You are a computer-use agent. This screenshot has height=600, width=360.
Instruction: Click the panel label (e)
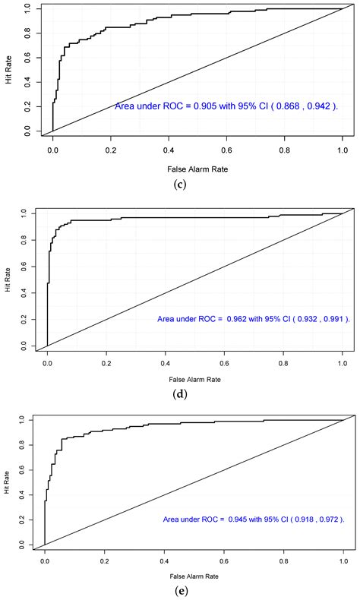click(181, 587)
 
